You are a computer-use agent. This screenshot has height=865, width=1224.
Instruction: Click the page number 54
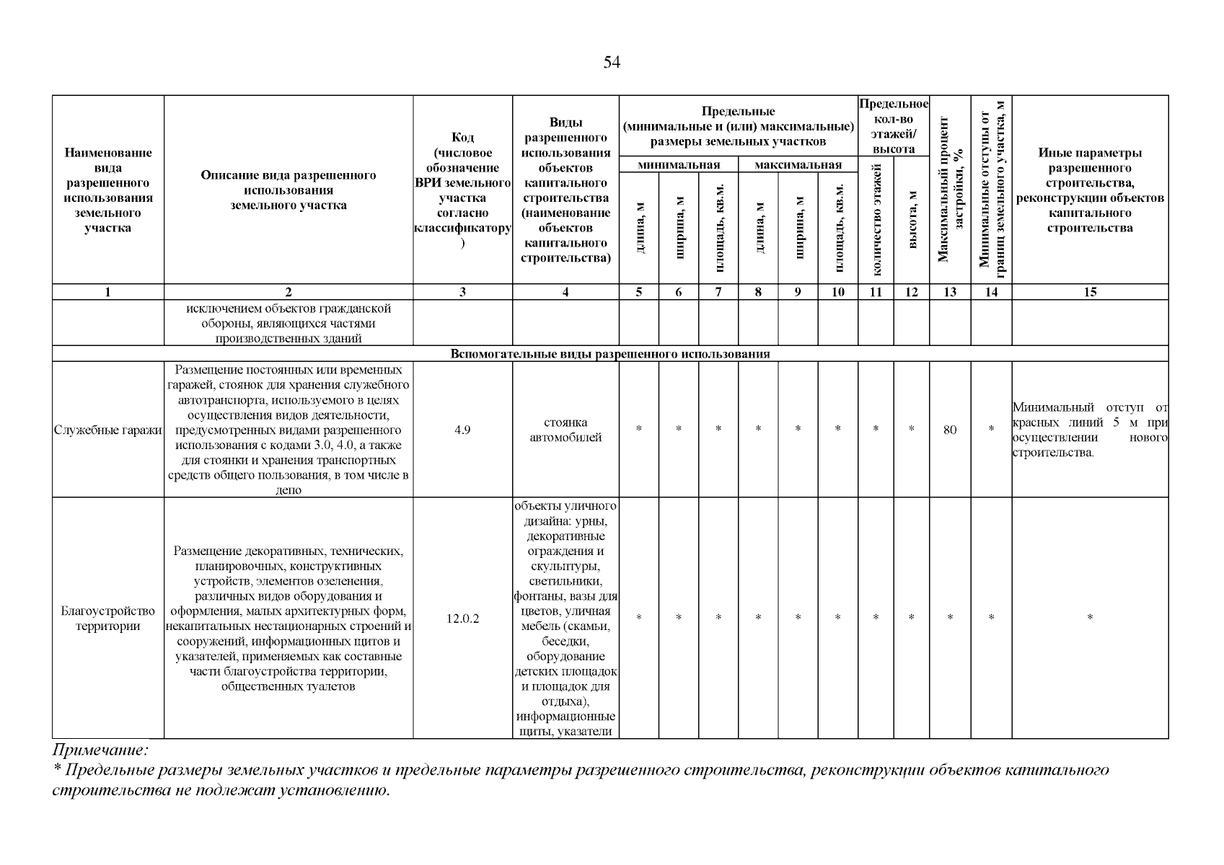612,63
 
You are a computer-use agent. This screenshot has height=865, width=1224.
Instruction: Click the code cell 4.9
462,430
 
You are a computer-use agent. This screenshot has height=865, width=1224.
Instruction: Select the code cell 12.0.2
462,618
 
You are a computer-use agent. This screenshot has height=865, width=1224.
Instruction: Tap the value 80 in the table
950,430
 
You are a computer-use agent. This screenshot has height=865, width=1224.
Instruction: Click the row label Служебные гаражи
108,430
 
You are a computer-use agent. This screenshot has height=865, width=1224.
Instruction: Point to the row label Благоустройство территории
108,618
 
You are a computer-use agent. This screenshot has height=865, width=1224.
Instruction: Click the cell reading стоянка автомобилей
565,430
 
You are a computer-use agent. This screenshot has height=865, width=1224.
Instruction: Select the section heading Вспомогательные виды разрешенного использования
610,354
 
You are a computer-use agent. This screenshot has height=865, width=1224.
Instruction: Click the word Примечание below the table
100,750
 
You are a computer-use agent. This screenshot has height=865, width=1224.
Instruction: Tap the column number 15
1090,292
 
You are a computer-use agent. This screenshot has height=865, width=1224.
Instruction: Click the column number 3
462,292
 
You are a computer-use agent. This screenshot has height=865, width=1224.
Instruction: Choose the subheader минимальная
679,165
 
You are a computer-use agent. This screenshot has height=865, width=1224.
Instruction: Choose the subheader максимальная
798,165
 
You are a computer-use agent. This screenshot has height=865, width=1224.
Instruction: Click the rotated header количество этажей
876,220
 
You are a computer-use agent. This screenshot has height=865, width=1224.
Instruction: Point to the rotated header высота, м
912,220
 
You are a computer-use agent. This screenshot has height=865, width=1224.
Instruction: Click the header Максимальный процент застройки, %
950,189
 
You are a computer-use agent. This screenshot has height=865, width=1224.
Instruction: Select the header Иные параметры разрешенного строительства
1090,190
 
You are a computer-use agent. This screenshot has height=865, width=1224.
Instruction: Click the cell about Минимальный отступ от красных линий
1090,430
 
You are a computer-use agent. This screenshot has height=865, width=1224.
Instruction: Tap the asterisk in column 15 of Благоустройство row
1090,618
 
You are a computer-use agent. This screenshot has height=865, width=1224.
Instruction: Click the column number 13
950,292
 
